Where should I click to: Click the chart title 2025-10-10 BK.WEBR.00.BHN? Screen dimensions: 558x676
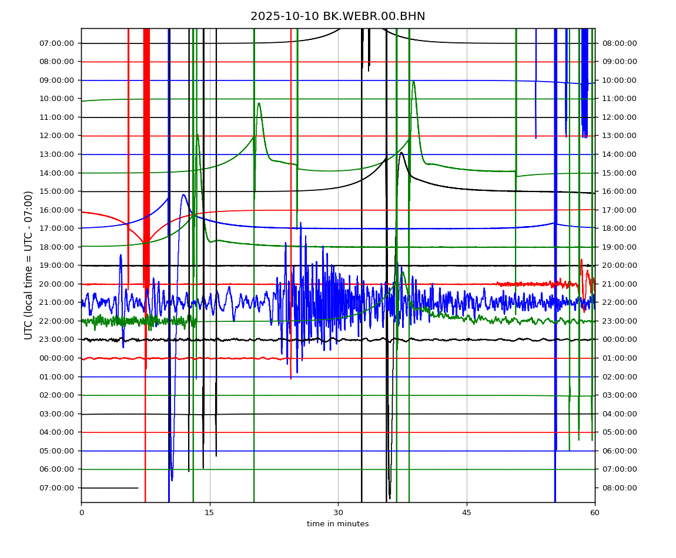coord(337,16)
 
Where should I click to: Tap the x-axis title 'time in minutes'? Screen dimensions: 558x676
coord(337,524)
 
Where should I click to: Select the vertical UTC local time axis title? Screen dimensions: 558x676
coord(28,265)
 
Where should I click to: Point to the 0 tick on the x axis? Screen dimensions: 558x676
coord(81,512)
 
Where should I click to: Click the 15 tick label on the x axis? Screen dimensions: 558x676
coord(210,512)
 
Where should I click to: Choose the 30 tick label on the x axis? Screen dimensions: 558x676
coord(338,512)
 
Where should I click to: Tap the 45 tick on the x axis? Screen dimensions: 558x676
coord(467,512)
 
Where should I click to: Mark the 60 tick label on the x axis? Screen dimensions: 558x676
coord(595,512)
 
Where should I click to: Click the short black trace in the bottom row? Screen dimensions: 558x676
coord(109,488)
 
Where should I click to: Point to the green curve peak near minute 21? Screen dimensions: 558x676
coord(259,103)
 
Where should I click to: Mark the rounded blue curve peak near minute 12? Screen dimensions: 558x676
coord(183,194)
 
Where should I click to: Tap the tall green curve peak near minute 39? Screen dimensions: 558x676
coord(414,82)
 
